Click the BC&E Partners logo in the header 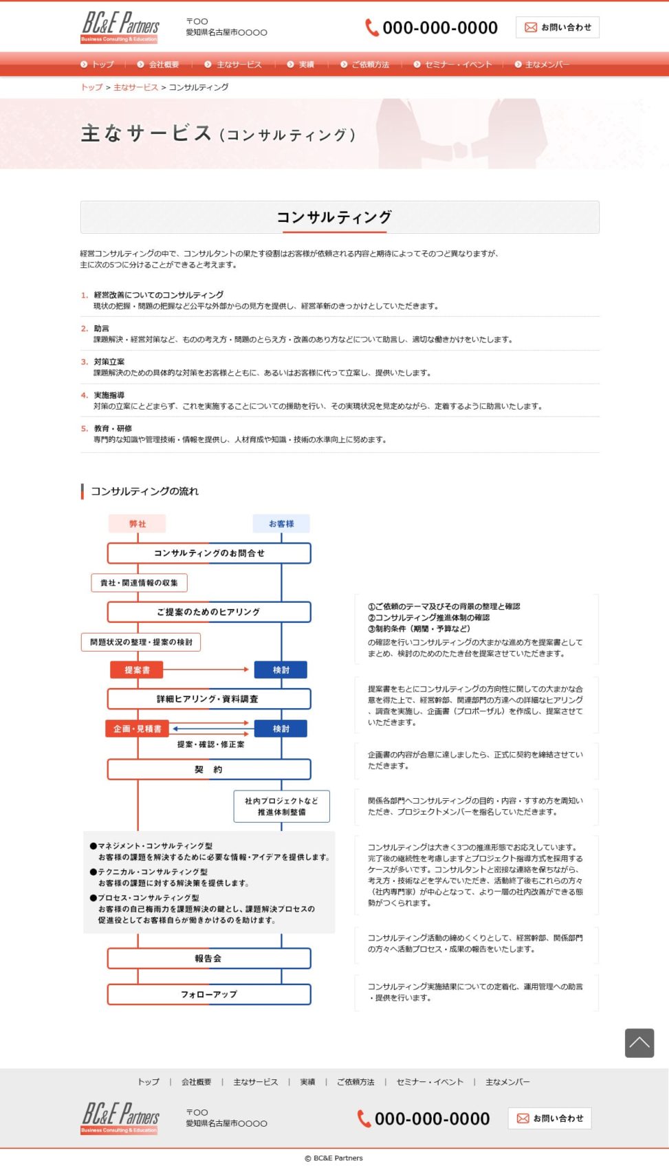point(120,27)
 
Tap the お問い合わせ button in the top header point(558,27)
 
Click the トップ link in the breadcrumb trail point(91,87)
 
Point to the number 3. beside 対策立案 point(84,362)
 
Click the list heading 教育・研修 point(113,428)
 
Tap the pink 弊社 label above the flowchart point(138,524)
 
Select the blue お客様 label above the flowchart point(281,524)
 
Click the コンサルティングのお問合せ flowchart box point(209,553)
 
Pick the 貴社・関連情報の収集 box point(139,583)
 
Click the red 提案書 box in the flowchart point(138,670)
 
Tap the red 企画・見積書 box point(138,729)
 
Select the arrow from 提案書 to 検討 point(206,670)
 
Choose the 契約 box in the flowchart point(209,769)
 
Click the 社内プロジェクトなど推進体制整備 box point(281,806)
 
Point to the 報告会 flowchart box point(209,958)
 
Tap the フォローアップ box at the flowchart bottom point(209,994)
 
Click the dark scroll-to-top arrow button point(639,1043)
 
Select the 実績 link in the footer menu point(307,1082)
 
